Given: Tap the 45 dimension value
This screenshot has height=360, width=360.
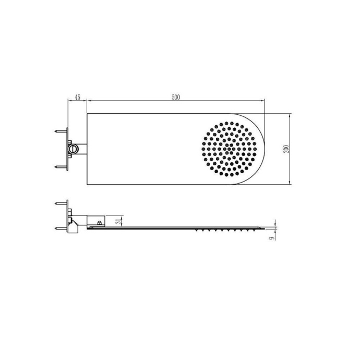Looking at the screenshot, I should tap(77, 97).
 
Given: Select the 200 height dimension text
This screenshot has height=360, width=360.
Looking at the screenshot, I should tap(285, 149).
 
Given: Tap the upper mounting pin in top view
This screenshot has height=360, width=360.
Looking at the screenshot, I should tap(62, 131).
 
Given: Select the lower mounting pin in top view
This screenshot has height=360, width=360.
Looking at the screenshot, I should tap(62, 167).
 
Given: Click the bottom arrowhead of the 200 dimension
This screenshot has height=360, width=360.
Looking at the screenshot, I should tap(290, 184).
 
